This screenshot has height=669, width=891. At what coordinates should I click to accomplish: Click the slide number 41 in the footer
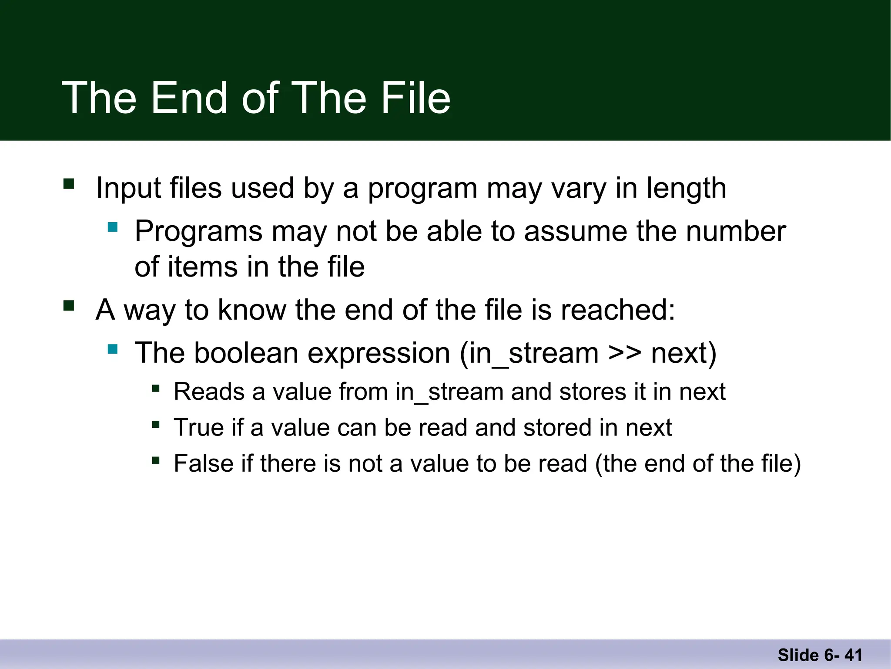pyautogui.click(x=853, y=655)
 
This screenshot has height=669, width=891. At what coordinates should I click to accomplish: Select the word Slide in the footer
pyautogui.click(x=798, y=655)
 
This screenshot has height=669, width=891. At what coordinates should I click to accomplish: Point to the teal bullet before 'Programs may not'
pyautogui.click(x=113, y=227)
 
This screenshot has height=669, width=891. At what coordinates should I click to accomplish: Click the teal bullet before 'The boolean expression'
pyautogui.click(x=113, y=349)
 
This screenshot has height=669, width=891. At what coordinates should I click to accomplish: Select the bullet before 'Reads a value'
pyautogui.click(x=156, y=388)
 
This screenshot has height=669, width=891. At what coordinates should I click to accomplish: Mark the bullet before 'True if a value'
pyautogui.click(x=156, y=424)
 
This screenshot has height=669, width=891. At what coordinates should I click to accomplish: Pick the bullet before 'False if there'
pyautogui.click(x=156, y=460)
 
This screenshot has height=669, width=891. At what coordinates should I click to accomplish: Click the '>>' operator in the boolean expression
pyautogui.click(x=625, y=354)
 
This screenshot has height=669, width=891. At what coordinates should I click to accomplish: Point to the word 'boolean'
pyautogui.click(x=246, y=353)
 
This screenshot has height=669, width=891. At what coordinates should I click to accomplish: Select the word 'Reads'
pyautogui.click(x=209, y=392)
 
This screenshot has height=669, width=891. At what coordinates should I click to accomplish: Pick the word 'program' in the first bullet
pyautogui.click(x=422, y=189)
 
